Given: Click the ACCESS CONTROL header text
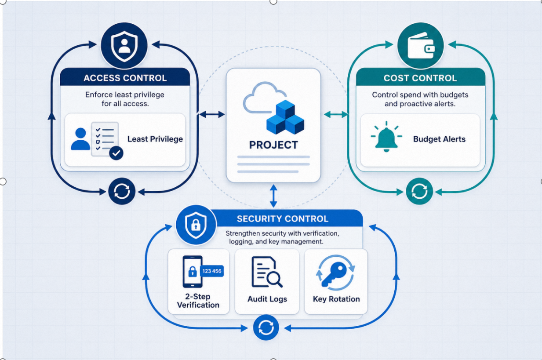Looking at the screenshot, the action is tap(125, 78).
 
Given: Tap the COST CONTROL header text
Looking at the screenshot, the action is tap(420, 78).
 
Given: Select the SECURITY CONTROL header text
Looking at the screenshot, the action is tap(283, 219).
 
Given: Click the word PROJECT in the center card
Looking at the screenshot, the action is tap(273, 145).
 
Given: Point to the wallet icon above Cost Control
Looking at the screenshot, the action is tap(421, 45).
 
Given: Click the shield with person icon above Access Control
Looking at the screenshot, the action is tap(124, 46).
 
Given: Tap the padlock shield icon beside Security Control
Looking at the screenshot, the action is tap(196, 225).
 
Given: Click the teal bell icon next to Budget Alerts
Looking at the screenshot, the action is tap(386, 137).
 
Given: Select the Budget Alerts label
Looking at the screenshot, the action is tap(439, 139).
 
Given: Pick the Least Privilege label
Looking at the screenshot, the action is tap(155, 139).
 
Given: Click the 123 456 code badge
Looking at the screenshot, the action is tap(212, 271).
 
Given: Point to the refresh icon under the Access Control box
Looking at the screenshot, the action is tap(122, 191).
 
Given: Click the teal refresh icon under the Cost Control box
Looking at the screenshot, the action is tap(419, 191).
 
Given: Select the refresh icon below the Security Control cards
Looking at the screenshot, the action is tap(266, 328).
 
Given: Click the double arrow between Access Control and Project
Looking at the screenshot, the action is tap(212, 114).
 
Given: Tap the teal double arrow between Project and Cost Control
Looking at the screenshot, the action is tap(336, 114).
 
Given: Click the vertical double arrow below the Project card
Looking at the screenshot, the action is tap(273, 196).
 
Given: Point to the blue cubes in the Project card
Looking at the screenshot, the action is tap(286, 117).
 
